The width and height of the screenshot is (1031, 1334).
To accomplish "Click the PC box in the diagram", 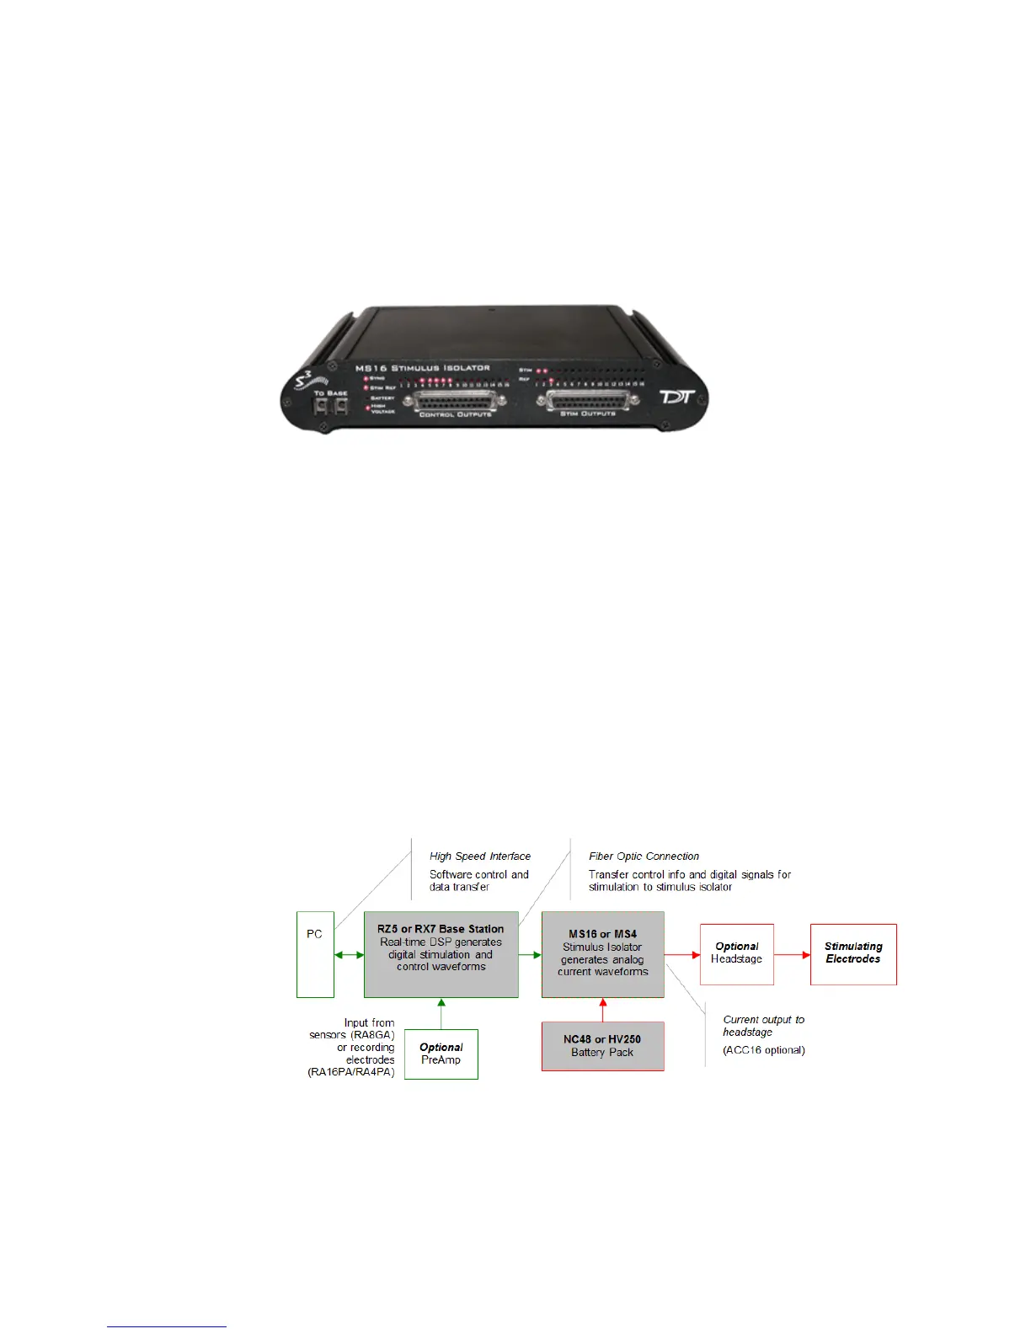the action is (x=315, y=954).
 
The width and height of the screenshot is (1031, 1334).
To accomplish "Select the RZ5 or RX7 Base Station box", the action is (x=441, y=954).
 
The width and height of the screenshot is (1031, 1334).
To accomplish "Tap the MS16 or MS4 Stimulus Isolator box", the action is (x=602, y=954).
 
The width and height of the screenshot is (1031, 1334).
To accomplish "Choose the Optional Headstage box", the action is (x=736, y=954).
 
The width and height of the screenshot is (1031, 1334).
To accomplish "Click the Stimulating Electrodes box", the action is (x=853, y=954).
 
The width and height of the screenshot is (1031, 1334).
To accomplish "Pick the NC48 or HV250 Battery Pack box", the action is (x=602, y=1046).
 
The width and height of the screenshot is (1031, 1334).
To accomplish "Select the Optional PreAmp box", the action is (x=441, y=1054).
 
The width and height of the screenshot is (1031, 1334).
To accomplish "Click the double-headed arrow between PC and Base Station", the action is (x=349, y=954).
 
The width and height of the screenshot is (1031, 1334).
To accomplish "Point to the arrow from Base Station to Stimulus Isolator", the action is (x=530, y=954).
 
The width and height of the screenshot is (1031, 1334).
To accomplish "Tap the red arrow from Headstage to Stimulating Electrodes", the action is (x=792, y=954).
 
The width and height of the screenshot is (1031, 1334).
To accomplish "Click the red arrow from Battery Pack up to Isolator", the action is (x=602, y=1010).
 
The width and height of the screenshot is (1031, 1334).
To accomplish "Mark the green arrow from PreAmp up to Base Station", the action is (x=441, y=1013).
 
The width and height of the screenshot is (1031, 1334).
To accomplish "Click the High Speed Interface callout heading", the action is (x=480, y=856).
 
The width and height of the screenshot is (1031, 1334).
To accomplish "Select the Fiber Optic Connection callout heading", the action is (x=644, y=856).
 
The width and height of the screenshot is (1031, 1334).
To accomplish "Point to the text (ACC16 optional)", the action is (x=764, y=1050).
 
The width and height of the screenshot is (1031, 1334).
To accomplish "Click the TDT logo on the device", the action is (x=676, y=395).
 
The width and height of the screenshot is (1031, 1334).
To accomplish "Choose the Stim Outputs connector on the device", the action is (x=592, y=401).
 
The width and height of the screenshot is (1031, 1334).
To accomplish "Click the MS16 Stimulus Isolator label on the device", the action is (x=423, y=368).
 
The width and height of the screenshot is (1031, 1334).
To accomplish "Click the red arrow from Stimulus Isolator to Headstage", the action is (x=682, y=954).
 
